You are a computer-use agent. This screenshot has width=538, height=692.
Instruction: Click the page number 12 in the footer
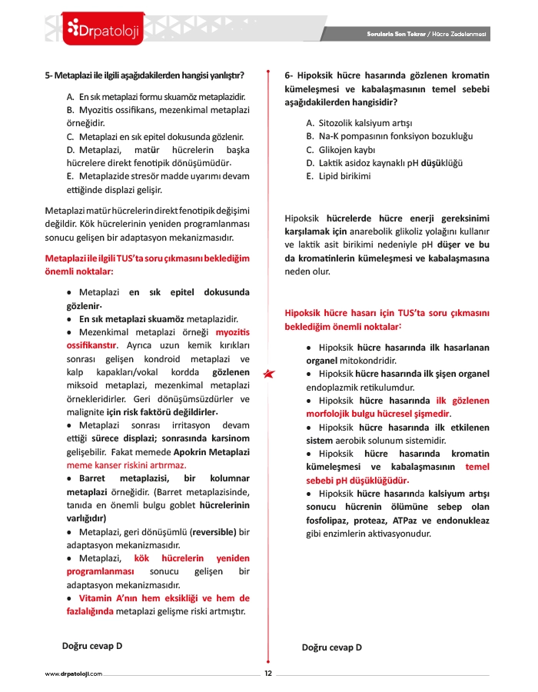(x=268, y=674)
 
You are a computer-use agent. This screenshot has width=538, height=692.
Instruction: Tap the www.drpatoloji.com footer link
(x=74, y=674)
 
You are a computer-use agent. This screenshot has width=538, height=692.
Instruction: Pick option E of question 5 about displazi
(x=158, y=181)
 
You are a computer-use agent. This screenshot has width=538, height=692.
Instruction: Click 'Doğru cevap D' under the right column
(x=332, y=647)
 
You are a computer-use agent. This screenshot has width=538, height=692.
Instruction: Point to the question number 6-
(x=289, y=75)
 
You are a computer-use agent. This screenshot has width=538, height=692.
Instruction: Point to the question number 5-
(x=49, y=75)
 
